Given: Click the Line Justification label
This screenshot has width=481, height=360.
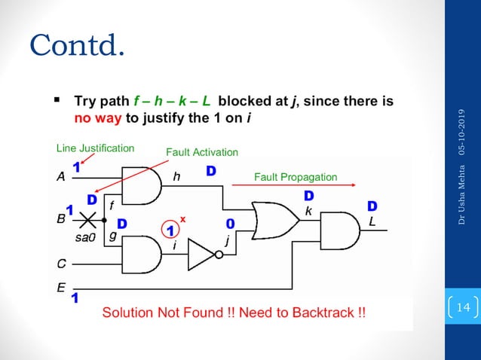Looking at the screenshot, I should tap(96, 148).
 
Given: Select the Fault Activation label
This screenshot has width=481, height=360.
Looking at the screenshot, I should tap(201, 153).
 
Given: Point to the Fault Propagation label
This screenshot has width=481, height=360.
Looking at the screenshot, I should tap(295, 178).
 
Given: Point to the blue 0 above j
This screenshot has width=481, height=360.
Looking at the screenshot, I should tap(229, 224).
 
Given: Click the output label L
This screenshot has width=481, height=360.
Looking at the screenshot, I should tap(371, 221).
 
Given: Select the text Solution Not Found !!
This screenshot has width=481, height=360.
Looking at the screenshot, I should tap(163, 313).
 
